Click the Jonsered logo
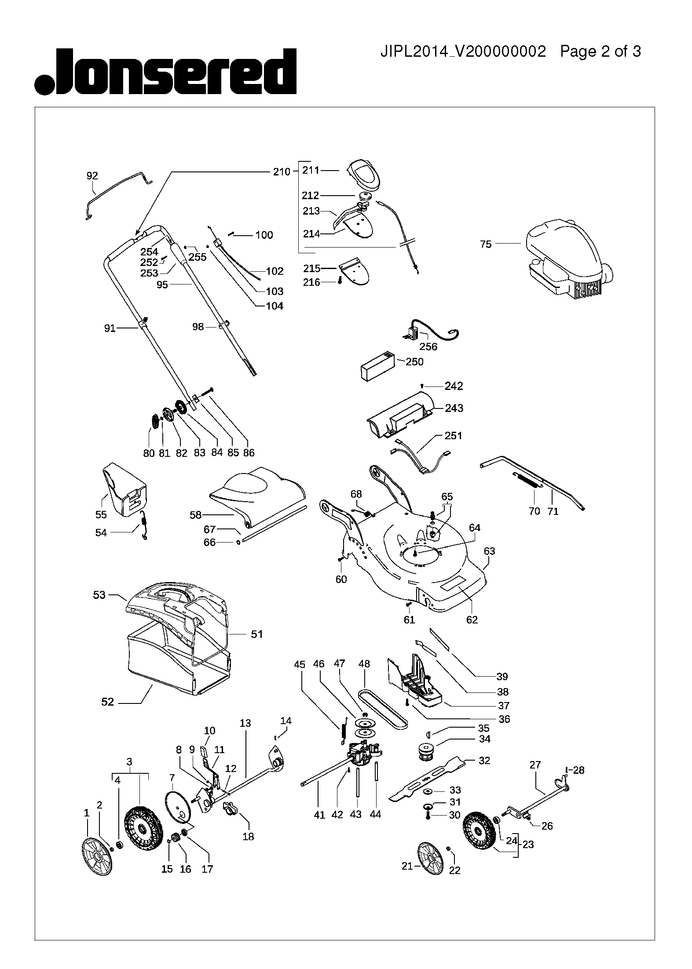click(165, 72)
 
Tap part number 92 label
click(92, 176)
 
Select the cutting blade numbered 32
click(428, 777)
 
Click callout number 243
click(454, 408)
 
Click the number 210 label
click(282, 171)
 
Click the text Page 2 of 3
click(600, 52)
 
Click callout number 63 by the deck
click(489, 551)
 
